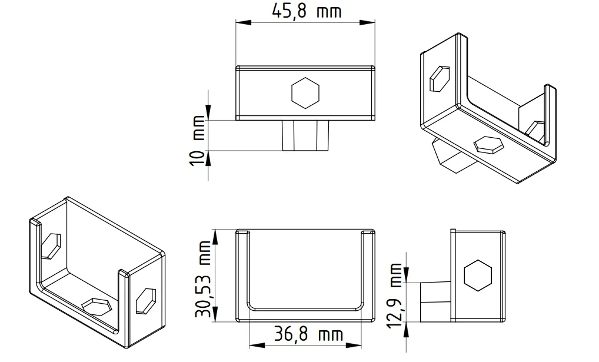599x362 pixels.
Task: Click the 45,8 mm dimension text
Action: (x=307, y=11)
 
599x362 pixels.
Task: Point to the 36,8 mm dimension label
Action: (x=308, y=335)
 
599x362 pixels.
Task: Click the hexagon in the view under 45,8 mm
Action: (x=305, y=93)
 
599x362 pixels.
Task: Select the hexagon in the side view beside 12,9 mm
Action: (x=477, y=275)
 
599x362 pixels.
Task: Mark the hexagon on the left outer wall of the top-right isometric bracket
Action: (x=439, y=78)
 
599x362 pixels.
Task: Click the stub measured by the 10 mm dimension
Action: (x=305, y=135)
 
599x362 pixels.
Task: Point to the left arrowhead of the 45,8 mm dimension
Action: (x=240, y=23)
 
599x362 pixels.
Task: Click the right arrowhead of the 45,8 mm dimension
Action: (x=371, y=23)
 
